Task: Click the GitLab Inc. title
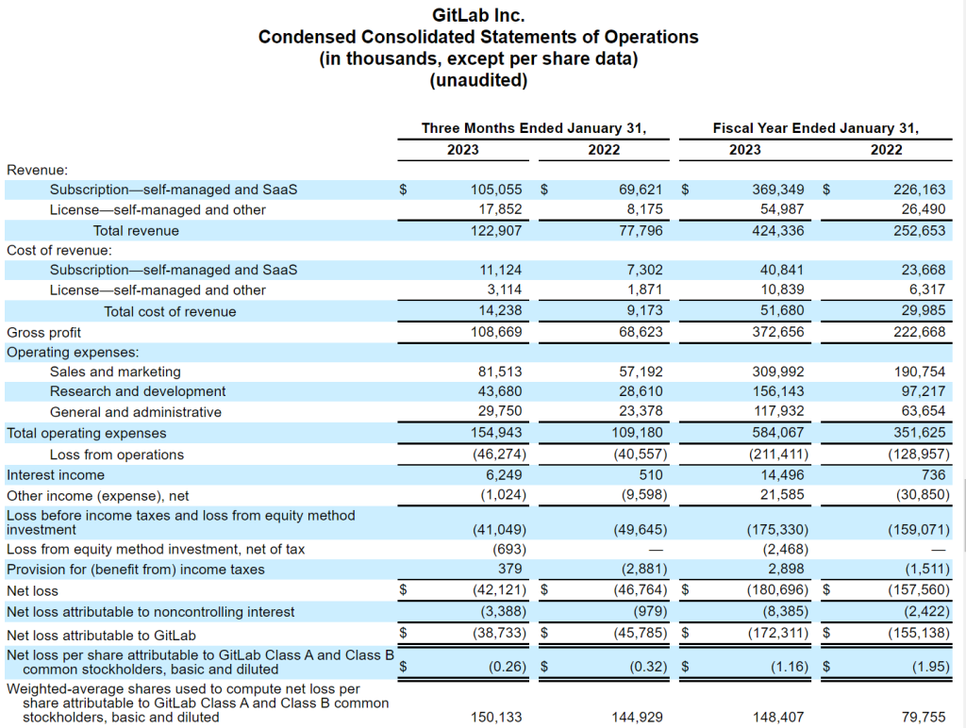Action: (x=478, y=15)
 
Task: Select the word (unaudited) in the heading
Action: (x=478, y=80)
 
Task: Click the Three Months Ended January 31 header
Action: (x=534, y=128)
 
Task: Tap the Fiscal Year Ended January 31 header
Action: (x=816, y=128)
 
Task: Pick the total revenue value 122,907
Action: (x=496, y=231)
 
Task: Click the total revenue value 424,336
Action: (x=778, y=231)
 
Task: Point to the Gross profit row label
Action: (x=43, y=333)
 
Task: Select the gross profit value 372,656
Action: (x=778, y=332)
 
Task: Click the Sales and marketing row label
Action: (x=115, y=372)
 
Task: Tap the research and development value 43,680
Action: (x=500, y=391)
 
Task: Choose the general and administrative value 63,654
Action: (x=923, y=411)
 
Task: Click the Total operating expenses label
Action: (x=86, y=433)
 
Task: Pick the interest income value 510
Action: (x=651, y=475)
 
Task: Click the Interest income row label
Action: (x=56, y=475)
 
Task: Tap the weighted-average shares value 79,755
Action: (x=923, y=717)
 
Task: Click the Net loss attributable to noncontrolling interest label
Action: (x=150, y=612)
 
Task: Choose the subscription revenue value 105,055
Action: (x=496, y=190)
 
